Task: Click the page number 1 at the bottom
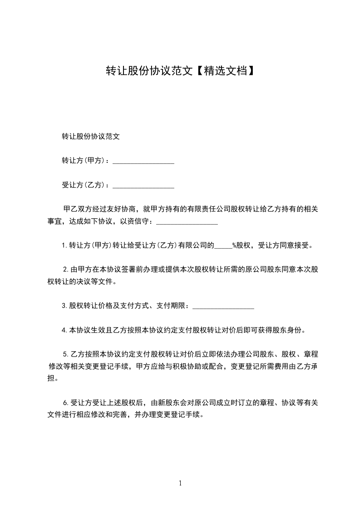tap(180, 483)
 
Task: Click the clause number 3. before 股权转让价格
tap(64, 306)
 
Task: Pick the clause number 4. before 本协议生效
tap(64, 330)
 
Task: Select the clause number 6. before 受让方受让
tap(66, 402)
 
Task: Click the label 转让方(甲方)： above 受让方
tap(85, 161)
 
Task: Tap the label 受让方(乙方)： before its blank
tap(85, 185)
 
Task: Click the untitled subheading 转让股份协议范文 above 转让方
tap(90, 136)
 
